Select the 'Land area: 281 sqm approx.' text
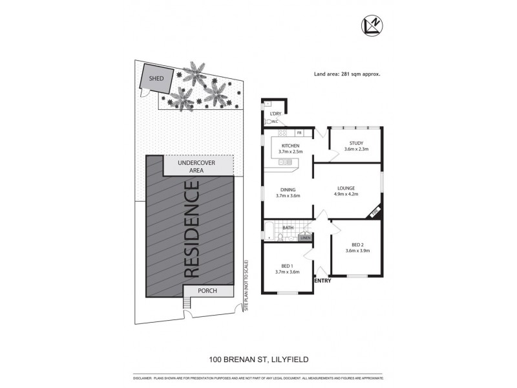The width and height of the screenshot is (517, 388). [x=346, y=74]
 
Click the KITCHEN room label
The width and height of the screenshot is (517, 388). [x=289, y=146]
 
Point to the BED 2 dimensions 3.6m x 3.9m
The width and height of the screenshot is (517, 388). [x=356, y=250]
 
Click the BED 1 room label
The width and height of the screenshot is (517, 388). [x=288, y=266]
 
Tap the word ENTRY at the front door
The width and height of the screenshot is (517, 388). [x=322, y=281]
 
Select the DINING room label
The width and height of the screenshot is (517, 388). [x=287, y=189]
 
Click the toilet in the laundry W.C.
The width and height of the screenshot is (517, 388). [x=268, y=121]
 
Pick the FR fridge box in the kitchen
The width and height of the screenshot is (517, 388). [x=308, y=133]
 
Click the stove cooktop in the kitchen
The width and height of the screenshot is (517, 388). [x=284, y=162]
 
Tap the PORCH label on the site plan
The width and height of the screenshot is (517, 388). [x=207, y=292]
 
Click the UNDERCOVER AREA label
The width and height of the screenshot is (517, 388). [x=197, y=167]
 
